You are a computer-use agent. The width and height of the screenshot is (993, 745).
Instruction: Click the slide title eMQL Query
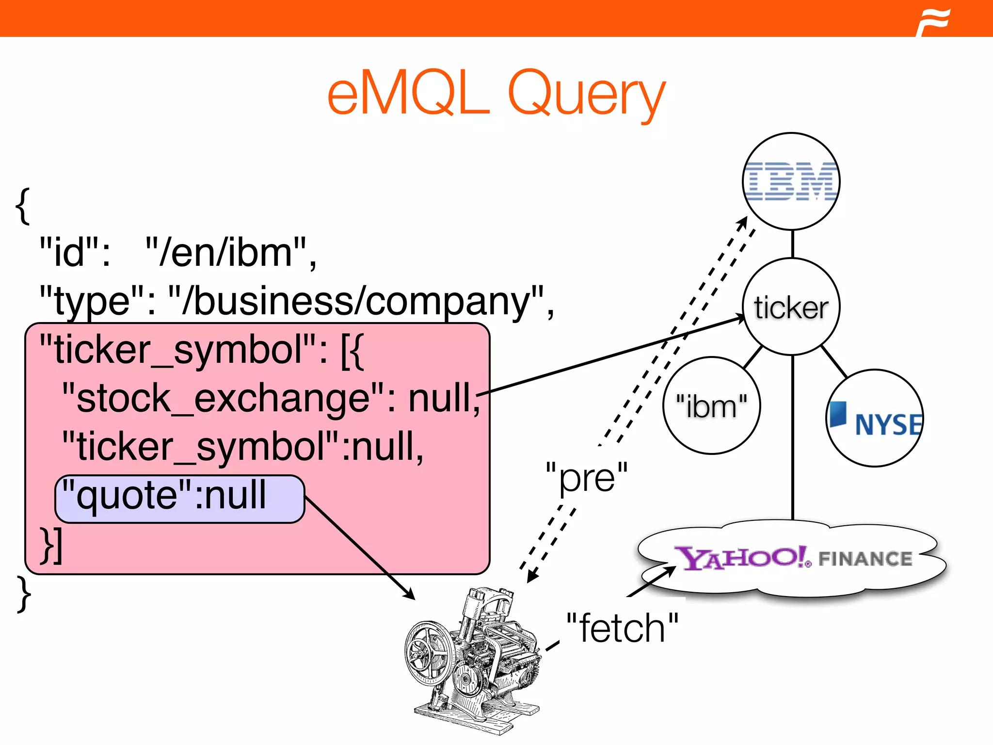tap(496, 93)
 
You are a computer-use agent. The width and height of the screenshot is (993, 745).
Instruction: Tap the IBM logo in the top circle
tap(791, 181)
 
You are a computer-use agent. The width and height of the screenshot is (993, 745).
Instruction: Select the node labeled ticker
tap(791, 307)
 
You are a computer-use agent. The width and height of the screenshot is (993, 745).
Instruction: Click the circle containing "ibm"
tap(711, 405)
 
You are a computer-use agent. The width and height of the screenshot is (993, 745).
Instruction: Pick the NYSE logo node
tap(875, 419)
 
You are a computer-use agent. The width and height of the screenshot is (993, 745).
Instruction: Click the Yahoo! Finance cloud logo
tap(792, 558)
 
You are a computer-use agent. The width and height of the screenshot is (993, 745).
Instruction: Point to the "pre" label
tap(586, 477)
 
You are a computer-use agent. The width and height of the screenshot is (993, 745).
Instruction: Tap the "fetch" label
tap(622, 628)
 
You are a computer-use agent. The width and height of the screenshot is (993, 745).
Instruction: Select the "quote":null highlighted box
tap(179, 499)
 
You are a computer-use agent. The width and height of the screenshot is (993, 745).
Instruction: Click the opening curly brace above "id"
tap(22, 206)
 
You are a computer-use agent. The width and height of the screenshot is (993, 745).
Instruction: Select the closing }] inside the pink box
tap(51, 545)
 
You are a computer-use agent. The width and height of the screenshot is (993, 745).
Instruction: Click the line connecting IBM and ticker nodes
tap(792, 244)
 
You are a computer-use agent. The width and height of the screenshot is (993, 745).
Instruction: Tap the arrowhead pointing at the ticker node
tap(739, 318)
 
